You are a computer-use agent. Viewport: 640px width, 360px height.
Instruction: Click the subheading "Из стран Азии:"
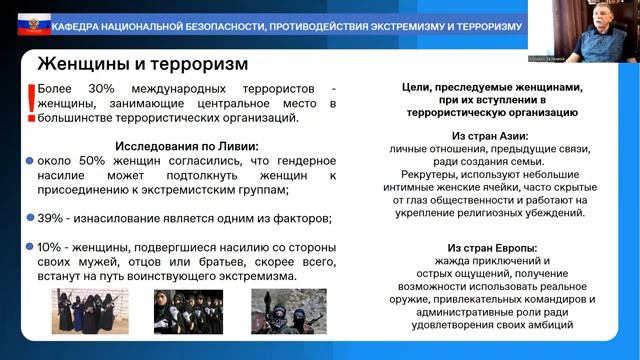click(490, 135)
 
